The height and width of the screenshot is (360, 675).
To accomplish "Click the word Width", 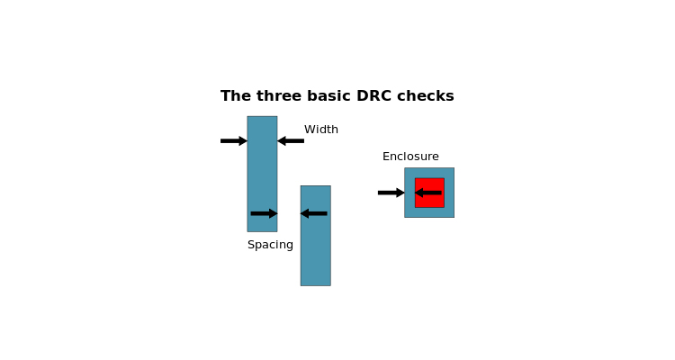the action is pyautogui.click(x=321, y=130).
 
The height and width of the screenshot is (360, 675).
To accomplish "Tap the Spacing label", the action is pyautogui.click(x=270, y=245).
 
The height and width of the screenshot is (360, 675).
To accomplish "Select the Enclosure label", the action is pyautogui.click(x=410, y=157).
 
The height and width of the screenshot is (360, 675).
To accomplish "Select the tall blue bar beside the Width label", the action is pyautogui.click(x=262, y=174).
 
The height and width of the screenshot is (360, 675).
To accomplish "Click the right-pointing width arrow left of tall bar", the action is pyautogui.click(x=234, y=140).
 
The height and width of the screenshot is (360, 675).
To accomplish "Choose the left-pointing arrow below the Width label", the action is pyautogui.click(x=291, y=140).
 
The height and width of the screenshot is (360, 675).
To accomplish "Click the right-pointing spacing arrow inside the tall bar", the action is pyautogui.click(x=264, y=213).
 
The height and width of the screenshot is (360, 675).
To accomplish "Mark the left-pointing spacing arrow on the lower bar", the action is pyautogui.click(x=313, y=213).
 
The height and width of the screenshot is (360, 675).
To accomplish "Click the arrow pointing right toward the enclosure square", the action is pyautogui.click(x=391, y=193).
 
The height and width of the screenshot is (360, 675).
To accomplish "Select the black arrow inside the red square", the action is pyautogui.click(x=427, y=193).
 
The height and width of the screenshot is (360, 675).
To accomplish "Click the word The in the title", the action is pyautogui.click(x=236, y=95).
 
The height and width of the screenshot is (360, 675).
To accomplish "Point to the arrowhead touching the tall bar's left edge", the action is pyautogui.click(x=244, y=140).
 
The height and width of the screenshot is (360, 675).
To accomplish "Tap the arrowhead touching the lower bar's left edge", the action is pyautogui.click(x=304, y=213).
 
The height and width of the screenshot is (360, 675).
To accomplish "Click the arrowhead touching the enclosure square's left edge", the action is pyautogui.click(x=401, y=193).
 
